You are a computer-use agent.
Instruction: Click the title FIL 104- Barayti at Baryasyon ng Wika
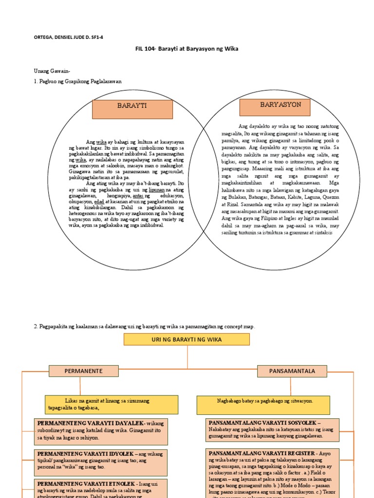(x=187, y=50)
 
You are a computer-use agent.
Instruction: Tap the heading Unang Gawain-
(x=53, y=71)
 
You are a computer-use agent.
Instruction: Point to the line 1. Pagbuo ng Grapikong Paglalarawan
(x=77, y=81)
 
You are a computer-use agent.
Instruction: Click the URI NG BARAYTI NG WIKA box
(x=187, y=339)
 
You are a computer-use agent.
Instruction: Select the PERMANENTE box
(x=83, y=371)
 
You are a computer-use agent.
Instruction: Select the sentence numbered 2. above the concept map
(x=144, y=326)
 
